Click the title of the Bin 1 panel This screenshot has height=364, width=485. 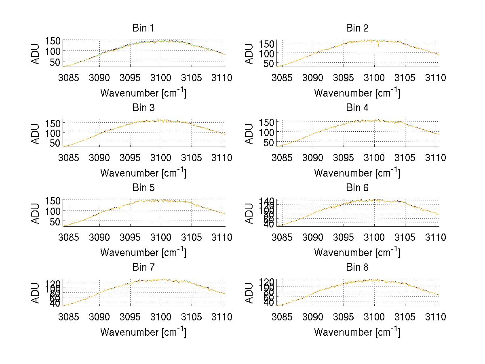143,28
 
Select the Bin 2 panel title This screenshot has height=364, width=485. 357,28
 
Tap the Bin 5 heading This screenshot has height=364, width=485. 143,188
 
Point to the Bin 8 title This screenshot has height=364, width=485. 357,267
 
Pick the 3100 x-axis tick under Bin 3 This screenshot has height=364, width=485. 161,158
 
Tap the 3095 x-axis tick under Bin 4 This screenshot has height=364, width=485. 344,158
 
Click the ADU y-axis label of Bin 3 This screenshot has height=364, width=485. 36,133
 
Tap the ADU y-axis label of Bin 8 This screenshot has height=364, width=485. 250,293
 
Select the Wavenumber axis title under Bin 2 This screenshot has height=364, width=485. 357,93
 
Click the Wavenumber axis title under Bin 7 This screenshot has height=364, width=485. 143,332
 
